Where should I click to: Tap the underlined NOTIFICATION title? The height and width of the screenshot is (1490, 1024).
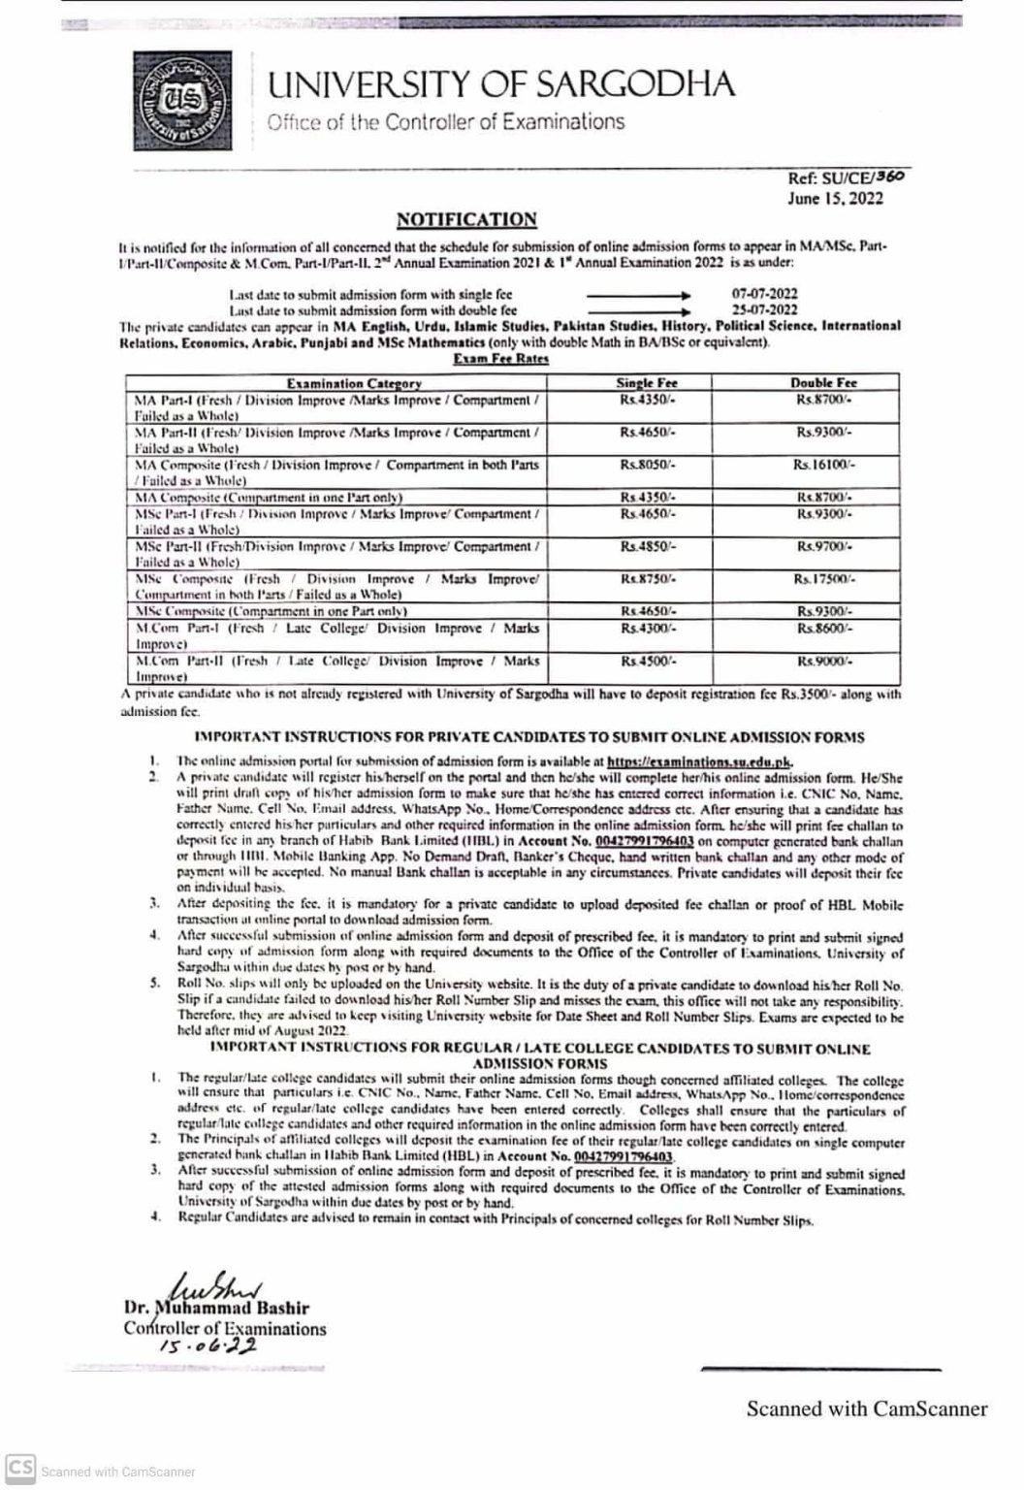point(465,220)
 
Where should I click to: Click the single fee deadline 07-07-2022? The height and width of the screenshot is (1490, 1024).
point(764,293)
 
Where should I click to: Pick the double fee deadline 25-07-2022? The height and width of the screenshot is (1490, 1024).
point(764,310)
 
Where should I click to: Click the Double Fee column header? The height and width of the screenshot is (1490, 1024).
point(822,383)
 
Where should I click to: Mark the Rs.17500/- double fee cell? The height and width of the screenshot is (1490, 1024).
point(823,579)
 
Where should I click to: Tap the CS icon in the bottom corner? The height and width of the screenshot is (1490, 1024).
point(20,1468)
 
